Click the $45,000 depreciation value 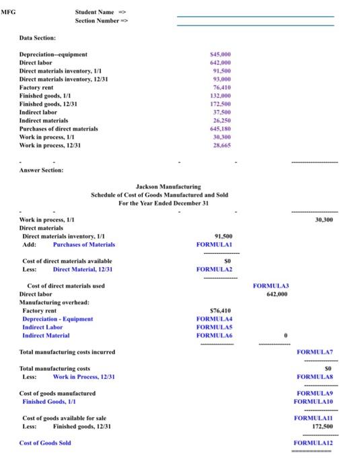pos(221,55)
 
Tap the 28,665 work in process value pos(223,144)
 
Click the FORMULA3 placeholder pos(270,286)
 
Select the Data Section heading pos(38,38)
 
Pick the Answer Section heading pos(41,170)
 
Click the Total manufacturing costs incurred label pos(67,352)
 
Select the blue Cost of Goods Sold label pos(45,443)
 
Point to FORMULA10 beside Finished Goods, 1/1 pos(314,401)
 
